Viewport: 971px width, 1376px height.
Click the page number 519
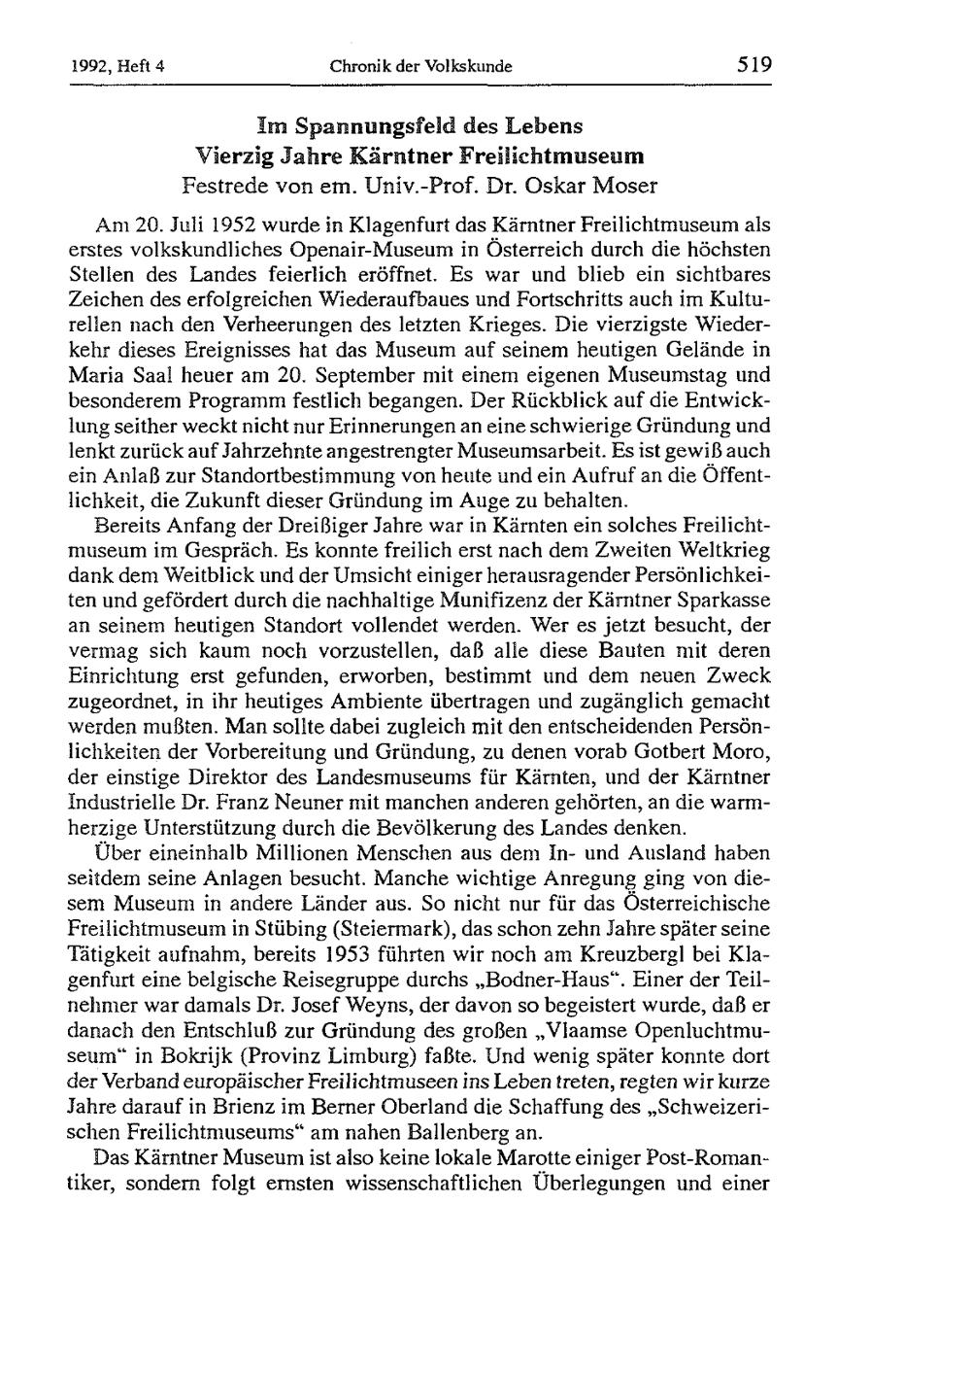[753, 65]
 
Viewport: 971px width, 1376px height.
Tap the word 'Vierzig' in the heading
[226, 155]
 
